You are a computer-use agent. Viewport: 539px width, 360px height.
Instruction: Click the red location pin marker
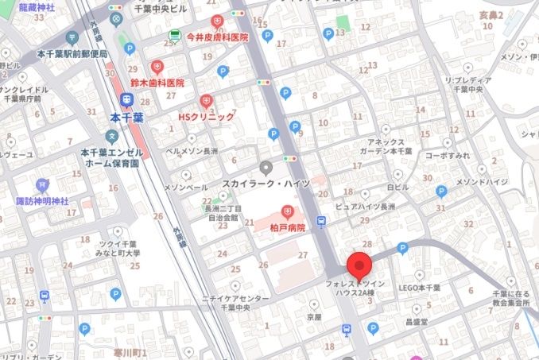[x=361, y=265]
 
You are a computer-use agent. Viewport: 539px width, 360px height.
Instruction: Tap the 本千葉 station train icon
[x=124, y=99]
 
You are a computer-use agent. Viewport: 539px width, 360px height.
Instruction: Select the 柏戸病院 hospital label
[x=287, y=226]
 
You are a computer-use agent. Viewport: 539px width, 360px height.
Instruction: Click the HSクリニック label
[x=206, y=117]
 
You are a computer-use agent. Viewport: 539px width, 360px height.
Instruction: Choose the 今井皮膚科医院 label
[x=216, y=37]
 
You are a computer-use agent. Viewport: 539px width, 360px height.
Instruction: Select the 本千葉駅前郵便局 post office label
[x=71, y=53]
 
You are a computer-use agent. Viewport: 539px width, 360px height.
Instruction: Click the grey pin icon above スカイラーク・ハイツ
[x=266, y=167]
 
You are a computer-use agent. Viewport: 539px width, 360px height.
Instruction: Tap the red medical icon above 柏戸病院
[x=287, y=211]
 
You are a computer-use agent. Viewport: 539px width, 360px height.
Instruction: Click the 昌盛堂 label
[x=416, y=323]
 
